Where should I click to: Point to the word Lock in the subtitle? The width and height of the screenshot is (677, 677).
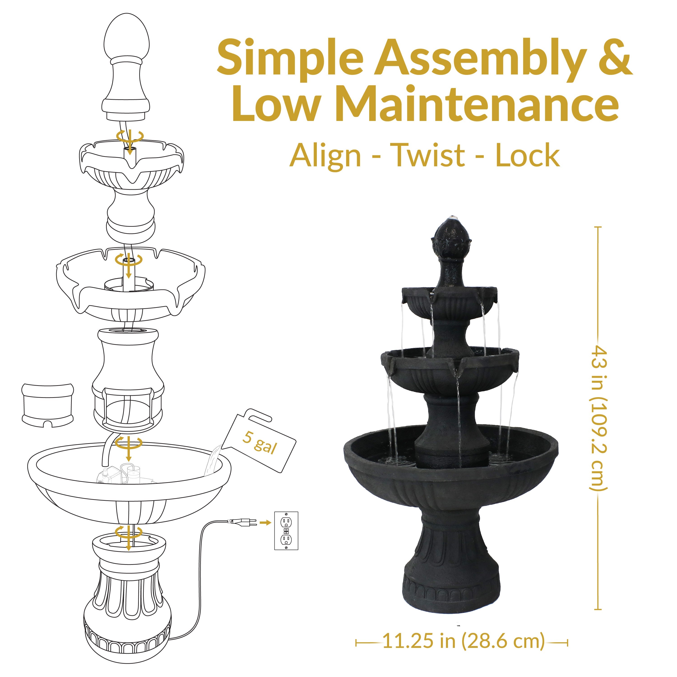click(x=527, y=155)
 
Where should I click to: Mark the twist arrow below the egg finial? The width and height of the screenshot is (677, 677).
click(x=130, y=137)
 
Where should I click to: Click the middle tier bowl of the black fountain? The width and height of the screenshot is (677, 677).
click(x=450, y=371)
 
